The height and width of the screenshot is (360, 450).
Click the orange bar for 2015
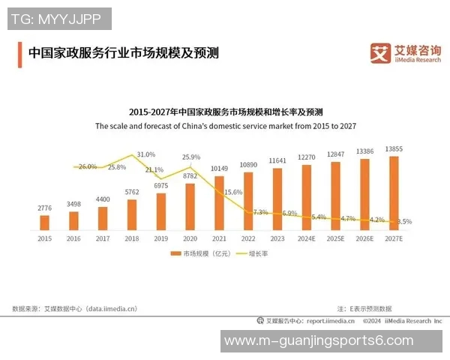pyautogui.click(x=44, y=222)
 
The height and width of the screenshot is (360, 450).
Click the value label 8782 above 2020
pyautogui.click(x=190, y=175)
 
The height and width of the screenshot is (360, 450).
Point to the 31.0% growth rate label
pyautogui.click(x=146, y=154)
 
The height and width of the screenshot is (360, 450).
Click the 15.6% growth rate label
pyautogui.click(x=233, y=192)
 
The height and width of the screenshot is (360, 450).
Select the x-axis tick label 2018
pyautogui.click(x=131, y=238)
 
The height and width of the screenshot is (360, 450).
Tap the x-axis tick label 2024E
pyautogui.click(x=307, y=238)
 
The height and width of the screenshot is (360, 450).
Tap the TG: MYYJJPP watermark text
pyautogui.click(x=59, y=18)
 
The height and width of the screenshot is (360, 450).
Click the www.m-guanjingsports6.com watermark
pyautogui.click(x=319, y=340)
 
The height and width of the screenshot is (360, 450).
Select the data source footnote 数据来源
pyautogui.click(x=76, y=308)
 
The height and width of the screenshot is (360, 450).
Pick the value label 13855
pyautogui.click(x=394, y=149)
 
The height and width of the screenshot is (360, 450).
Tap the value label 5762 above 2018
pyautogui.click(x=131, y=193)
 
